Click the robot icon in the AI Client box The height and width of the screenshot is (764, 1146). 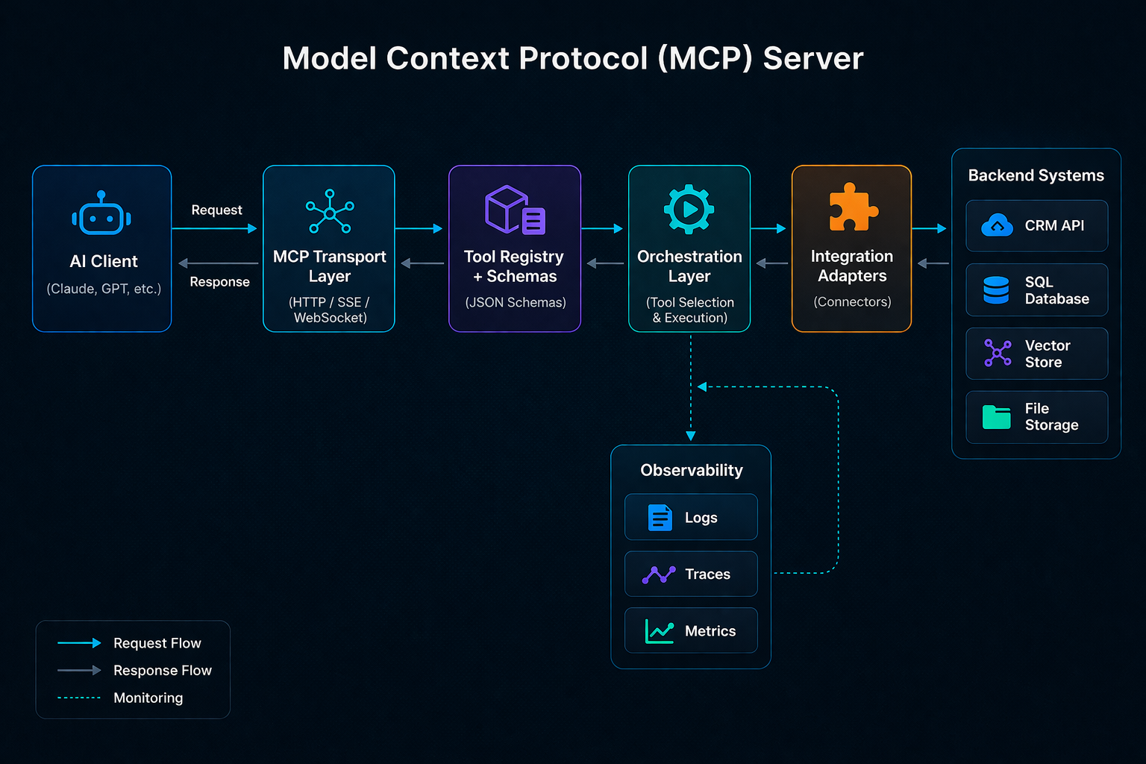pos(101,215)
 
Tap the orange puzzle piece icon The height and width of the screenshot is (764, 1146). pos(853,207)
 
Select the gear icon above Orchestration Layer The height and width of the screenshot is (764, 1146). pos(689,210)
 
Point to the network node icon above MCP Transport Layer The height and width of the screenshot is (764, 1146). pos(330,212)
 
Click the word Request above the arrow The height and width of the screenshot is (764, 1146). pos(216,210)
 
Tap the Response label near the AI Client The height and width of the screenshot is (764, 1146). pos(219,282)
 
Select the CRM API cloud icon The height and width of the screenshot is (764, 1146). pos(997,225)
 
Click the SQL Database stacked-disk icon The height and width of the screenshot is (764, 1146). pos(996,290)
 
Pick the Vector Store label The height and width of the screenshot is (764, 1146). pos(1047,354)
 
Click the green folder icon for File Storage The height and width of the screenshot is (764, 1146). pos(996,417)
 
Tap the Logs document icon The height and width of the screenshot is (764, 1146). pos(660,517)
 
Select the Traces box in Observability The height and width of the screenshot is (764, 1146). pos(691,574)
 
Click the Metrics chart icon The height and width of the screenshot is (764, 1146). pos(660,631)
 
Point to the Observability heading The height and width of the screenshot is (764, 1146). pos(691,470)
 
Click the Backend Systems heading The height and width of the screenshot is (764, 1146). pos(1036,175)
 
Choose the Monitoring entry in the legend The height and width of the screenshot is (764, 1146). pos(148,698)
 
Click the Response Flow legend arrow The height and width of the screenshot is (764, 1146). pos(79,671)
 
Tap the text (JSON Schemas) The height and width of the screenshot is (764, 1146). pos(515,302)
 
